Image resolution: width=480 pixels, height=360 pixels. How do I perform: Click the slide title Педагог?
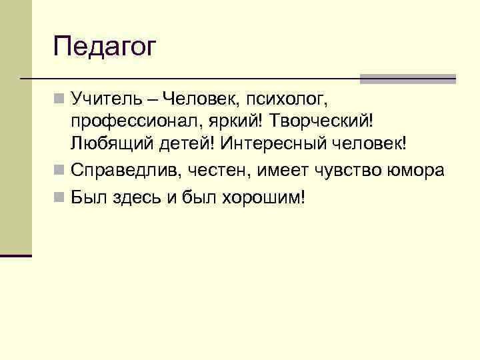[x=105, y=48]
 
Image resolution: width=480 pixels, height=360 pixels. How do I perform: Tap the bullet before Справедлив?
[x=59, y=171]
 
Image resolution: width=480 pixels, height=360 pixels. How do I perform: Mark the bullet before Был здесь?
[x=59, y=198]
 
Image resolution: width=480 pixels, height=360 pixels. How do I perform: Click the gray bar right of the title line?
[x=407, y=79]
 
